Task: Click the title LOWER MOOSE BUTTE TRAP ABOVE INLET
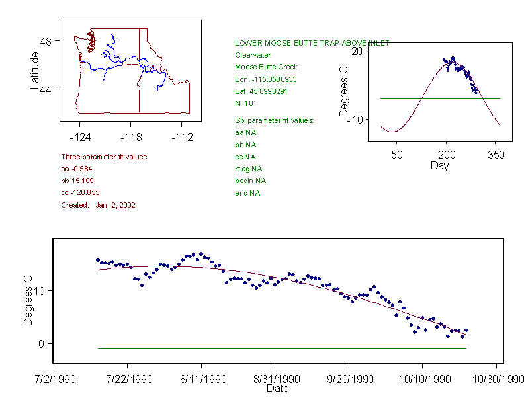coord(312,43)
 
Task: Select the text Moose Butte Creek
coord(266,67)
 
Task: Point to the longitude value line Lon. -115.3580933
coord(266,79)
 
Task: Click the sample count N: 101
coord(245,103)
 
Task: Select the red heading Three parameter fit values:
coord(105,157)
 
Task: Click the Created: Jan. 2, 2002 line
coord(98,205)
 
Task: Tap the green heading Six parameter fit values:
coord(274,120)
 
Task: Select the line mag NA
coord(247,169)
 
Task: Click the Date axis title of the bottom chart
coord(277,389)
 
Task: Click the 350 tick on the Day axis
coord(496,155)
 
